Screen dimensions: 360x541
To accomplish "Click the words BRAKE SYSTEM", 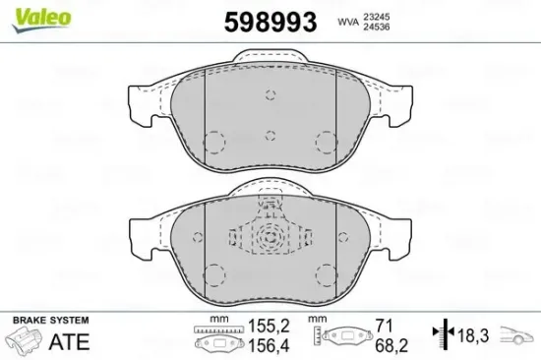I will (48, 321).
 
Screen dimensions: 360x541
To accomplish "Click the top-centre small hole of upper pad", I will (271, 94).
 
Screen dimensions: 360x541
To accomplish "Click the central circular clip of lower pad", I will (270, 239).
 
